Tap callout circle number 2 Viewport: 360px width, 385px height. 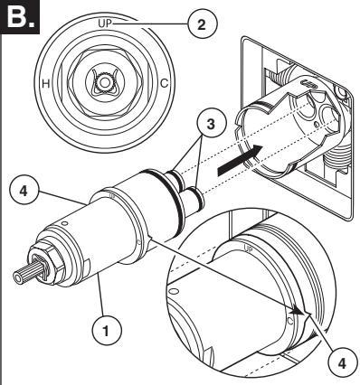click(201, 24)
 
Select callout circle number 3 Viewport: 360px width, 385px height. click(211, 125)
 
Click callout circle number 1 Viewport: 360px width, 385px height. click(106, 331)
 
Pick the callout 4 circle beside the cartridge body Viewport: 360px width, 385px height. click(24, 191)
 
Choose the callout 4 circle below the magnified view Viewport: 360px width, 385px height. click(342, 363)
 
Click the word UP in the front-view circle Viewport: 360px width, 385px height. click(105, 23)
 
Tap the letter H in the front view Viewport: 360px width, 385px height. click(45, 83)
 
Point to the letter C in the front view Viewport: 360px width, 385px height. click(164, 83)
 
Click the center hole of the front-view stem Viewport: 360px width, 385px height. click(104, 82)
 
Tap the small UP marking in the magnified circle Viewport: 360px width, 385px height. click(248, 249)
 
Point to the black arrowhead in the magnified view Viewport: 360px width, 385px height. click(300, 311)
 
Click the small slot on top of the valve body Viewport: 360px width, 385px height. click(308, 83)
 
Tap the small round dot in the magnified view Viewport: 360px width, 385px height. click(289, 322)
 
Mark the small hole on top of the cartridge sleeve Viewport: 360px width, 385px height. click(64, 223)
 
